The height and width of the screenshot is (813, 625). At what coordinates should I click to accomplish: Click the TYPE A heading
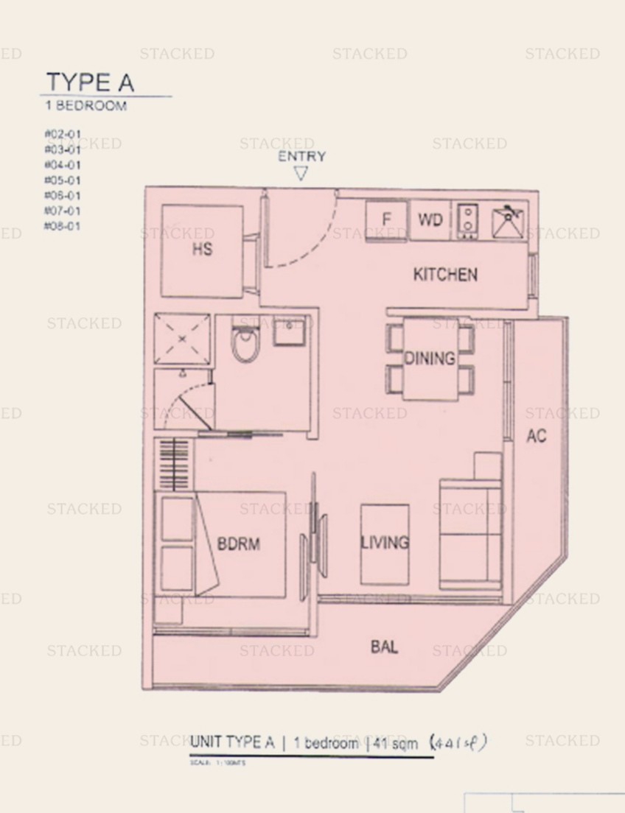coord(90,82)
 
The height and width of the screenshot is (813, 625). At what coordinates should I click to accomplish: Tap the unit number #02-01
coord(63,135)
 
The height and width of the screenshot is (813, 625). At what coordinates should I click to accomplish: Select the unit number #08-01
coord(63,226)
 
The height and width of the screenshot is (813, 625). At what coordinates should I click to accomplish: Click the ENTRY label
coord(301,156)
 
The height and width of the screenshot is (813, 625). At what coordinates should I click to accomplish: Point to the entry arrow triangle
coord(301,174)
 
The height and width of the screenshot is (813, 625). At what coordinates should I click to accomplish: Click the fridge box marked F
coord(386,219)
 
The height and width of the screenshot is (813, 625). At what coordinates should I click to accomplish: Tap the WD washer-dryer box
coord(430,219)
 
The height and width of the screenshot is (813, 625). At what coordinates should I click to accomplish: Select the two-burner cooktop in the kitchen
coord(467,219)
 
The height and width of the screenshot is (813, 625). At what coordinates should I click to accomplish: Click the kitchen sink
coord(509,220)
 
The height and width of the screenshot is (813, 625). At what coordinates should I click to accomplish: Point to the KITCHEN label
coord(445,275)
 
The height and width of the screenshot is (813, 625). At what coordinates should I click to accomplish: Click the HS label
coord(202,249)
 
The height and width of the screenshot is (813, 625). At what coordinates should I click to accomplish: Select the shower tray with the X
coord(183,339)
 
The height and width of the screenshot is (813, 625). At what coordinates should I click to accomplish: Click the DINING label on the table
coord(429,359)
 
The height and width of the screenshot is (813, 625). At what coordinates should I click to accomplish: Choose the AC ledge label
coord(536,436)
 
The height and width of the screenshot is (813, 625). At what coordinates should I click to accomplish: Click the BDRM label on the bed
coord(239,544)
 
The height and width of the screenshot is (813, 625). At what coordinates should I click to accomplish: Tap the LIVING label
coord(384,543)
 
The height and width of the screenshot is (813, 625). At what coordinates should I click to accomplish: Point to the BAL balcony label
coord(385,647)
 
